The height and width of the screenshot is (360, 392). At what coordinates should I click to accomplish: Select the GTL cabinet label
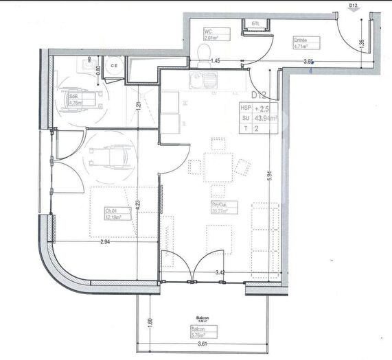[255, 23]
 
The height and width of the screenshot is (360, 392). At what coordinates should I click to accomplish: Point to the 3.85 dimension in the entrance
[309, 62]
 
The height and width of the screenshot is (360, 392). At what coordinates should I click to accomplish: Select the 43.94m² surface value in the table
[265, 118]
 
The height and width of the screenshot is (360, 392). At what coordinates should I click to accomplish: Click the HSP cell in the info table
[245, 108]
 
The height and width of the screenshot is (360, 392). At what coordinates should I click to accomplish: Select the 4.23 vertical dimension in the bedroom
[138, 203]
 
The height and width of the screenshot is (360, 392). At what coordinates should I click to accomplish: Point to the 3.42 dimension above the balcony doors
[220, 273]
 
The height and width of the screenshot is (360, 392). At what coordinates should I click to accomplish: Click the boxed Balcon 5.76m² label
[200, 336]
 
